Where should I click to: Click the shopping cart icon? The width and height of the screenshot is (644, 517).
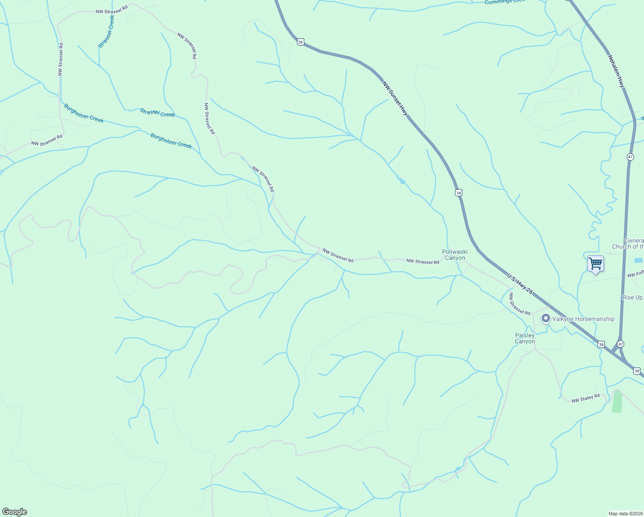(x=595, y=263)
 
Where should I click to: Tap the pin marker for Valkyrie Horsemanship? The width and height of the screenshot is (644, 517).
(x=545, y=319)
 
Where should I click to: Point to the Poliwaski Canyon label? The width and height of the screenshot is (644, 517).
(x=455, y=255)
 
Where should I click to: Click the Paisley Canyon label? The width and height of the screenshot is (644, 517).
(x=525, y=338)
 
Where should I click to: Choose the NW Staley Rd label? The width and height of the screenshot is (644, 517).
(x=585, y=399)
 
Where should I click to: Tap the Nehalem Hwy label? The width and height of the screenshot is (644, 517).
(x=616, y=71)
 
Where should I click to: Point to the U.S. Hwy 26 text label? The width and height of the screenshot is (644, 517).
(x=520, y=284)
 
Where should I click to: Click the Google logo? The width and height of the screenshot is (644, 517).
(x=15, y=512)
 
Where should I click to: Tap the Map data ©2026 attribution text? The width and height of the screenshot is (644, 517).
(x=625, y=514)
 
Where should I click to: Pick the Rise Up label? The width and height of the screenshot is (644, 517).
(x=632, y=298)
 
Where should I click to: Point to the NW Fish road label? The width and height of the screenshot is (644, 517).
(x=635, y=274)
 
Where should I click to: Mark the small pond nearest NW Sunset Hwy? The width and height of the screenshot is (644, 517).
(x=401, y=181)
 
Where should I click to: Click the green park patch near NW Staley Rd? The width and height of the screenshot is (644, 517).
(x=617, y=401)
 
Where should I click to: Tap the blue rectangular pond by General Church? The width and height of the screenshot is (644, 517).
(x=638, y=260)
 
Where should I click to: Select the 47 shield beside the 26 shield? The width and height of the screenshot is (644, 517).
(x=620, y=344)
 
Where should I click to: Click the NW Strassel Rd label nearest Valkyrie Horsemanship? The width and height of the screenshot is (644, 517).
(x=519, y=304)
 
